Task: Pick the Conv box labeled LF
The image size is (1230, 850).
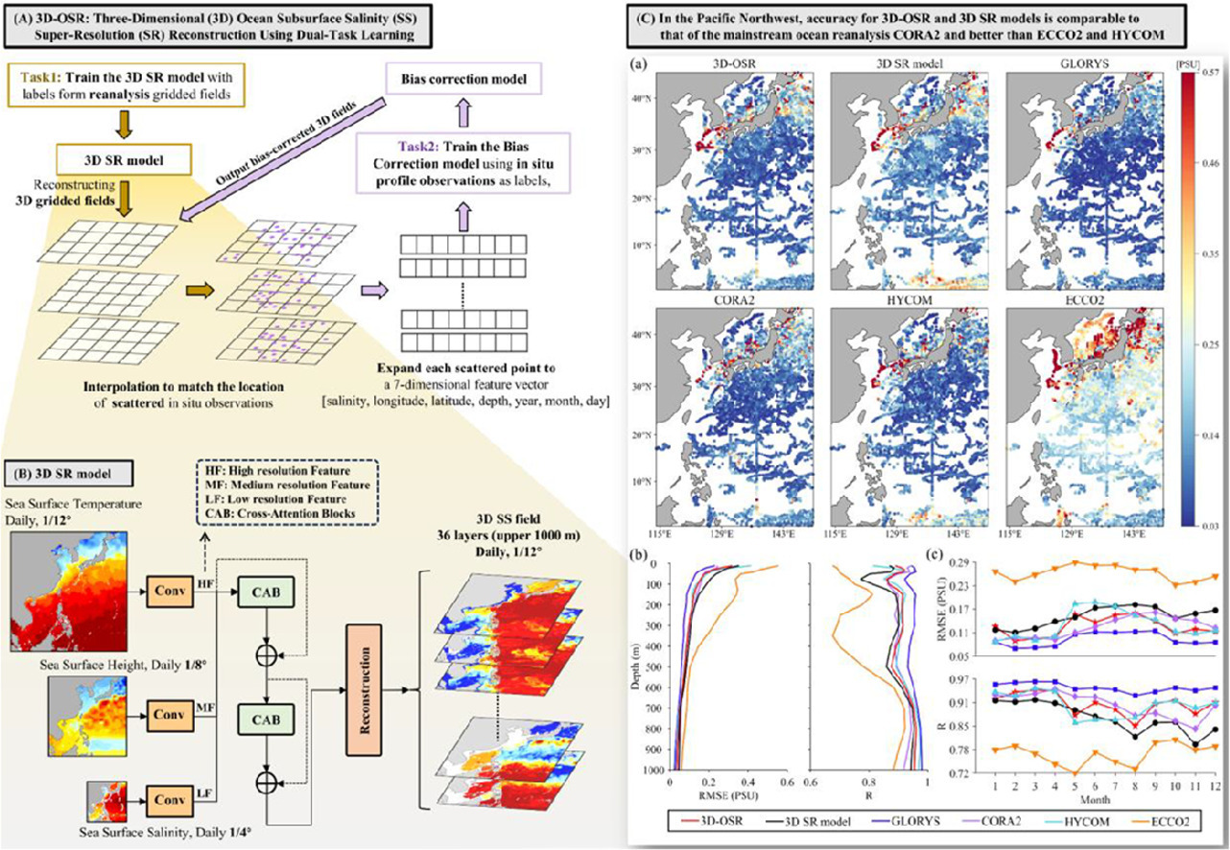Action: (x=171, y=797)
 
